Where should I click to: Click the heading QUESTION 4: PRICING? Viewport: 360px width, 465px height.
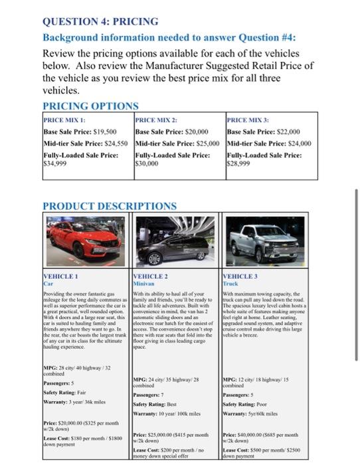101,21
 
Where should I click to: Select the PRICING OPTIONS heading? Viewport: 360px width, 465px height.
90,106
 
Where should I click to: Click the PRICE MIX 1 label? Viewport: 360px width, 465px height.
65,120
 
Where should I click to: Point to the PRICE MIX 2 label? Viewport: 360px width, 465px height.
156,120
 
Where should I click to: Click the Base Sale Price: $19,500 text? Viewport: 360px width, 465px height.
80,132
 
